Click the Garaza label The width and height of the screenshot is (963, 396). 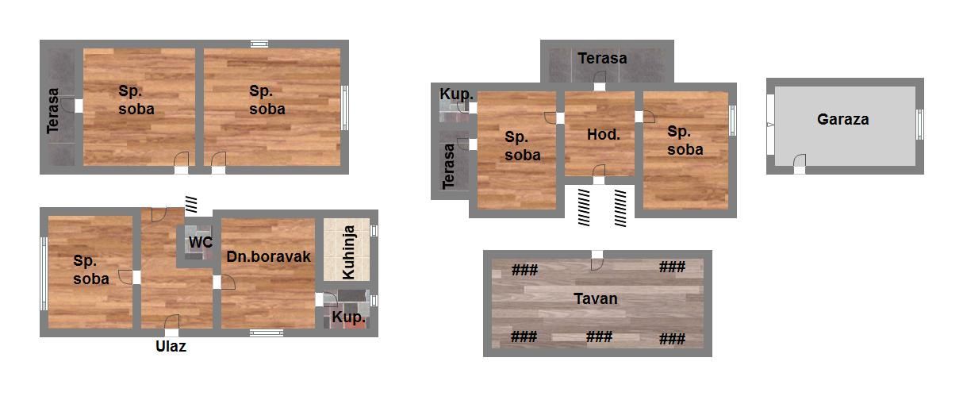pos(842,119)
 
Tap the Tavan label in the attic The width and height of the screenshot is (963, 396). pos(596,298)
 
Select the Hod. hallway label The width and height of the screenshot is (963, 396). pos(604,135)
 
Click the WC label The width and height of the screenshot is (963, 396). pos(201,242)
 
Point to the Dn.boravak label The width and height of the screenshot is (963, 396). pos(268,256)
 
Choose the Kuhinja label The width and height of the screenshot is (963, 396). pos(348,252)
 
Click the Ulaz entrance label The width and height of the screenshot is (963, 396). pos(171,346)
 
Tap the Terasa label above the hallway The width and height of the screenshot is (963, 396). pos(602,58)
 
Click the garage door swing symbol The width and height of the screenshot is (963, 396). pos(800,160)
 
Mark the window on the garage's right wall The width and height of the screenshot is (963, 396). pos(919,125)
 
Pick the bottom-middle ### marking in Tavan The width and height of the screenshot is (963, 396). pos(599,336)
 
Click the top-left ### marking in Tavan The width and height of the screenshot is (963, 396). pos(524,270)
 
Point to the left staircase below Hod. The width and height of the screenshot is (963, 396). pos(584,207)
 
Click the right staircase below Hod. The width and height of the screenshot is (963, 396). pos(620,208)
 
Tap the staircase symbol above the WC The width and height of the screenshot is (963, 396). pos(191,204)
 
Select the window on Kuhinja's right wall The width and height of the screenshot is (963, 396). pos(374,230)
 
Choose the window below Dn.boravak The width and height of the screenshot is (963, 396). pos(267,333)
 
